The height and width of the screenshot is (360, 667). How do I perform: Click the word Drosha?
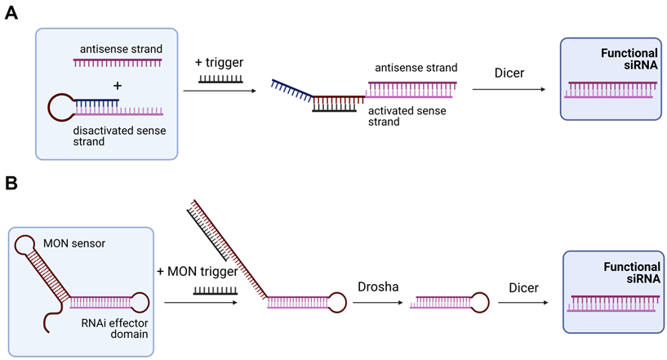tap(376, 286)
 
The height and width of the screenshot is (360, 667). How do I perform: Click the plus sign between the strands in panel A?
tap(118, 85)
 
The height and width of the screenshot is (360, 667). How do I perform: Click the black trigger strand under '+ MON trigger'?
tap(215, 290)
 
